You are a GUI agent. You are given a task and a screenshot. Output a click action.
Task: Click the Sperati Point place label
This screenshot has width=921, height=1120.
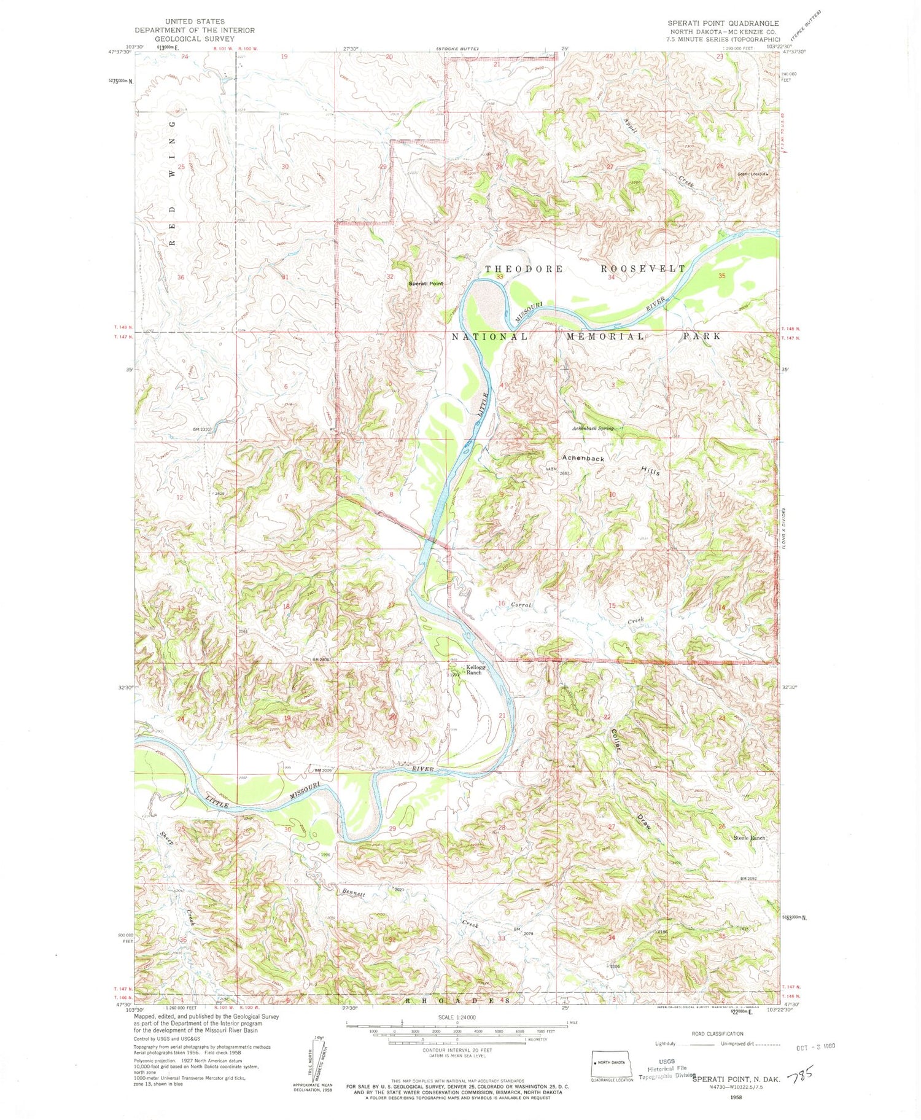coord(426,284)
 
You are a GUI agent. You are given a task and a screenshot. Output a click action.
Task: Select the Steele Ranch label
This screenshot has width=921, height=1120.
coord(749,838)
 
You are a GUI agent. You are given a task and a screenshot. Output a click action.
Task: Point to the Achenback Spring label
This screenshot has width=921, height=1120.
coord(593,428)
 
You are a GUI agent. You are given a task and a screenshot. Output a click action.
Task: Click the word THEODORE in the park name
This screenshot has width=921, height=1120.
coord(524,269)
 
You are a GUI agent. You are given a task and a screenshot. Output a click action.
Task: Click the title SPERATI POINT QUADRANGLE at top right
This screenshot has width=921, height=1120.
coord(723,23)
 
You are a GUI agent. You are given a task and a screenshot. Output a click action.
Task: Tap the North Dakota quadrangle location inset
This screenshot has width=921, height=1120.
coord(611,1063)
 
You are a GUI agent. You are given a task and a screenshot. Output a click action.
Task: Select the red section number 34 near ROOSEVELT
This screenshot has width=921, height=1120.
coord(611,277)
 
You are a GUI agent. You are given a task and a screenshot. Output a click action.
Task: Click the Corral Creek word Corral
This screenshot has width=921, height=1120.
coord(521,605)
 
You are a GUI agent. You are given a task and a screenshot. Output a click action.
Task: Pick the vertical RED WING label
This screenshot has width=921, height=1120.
coord(173,182)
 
